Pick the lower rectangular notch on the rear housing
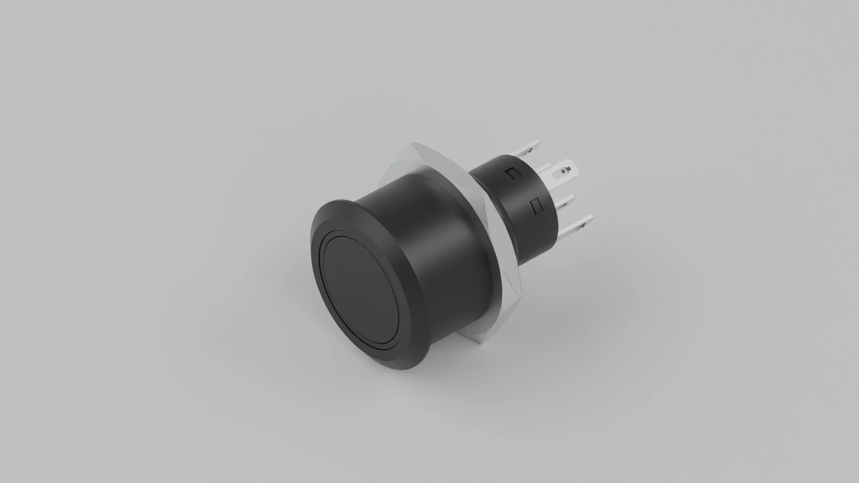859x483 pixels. tap(535, 206)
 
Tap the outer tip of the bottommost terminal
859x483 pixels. tap(591, 217)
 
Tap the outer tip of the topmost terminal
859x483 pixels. tap(539, 142)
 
